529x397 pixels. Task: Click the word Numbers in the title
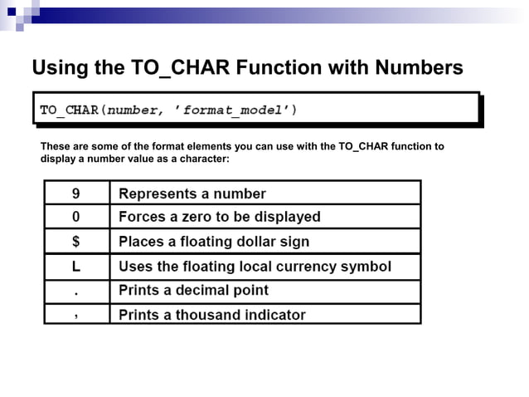pos(419,67)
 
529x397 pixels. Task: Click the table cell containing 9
pos(76,194)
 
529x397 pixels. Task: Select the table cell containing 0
pos(76,217)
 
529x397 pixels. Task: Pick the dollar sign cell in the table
pos(76,242)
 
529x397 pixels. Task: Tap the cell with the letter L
pos(76,267)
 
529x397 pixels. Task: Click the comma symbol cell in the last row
pos(76,315)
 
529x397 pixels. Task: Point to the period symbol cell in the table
pos(76,291)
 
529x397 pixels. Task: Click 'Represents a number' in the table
pos(192,194)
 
